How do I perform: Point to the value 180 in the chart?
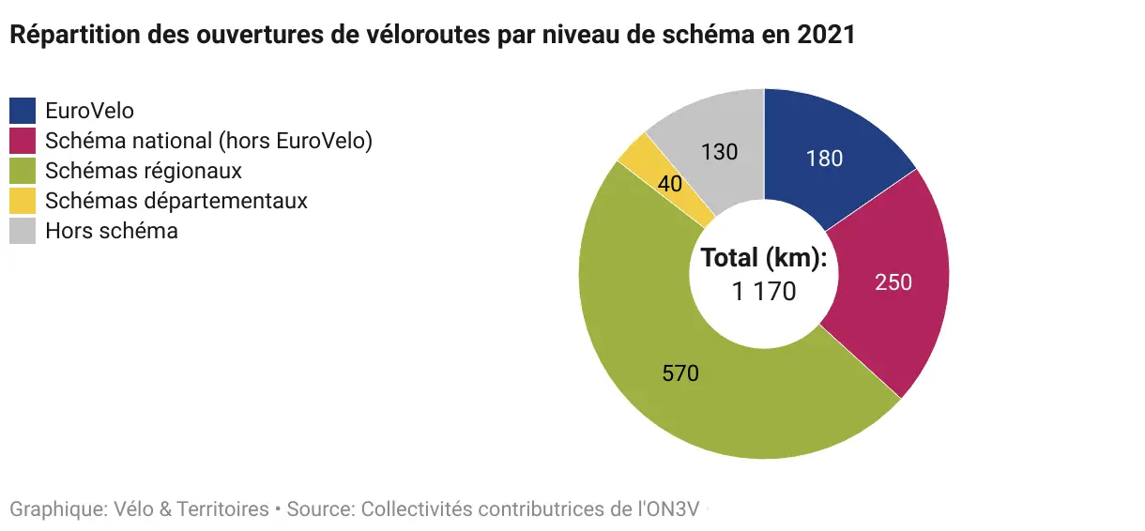click(x=824, y=159)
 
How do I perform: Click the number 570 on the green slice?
click(x=680, y=373)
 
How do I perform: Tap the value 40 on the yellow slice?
click(x=669, y=185)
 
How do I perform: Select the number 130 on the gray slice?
click(x=720, y=151)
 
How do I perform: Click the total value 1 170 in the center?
click(x=763, y=292)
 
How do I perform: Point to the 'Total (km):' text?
click(x=763, y=258)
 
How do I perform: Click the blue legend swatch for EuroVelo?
click(x=23, y=111)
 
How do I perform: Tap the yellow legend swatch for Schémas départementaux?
click(x=23, y=201)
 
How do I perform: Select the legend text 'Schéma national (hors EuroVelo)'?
click(x=209, y=141)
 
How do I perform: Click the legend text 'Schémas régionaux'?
click(x=144, y=171)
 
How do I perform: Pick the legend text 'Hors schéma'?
click(x=112, y=231)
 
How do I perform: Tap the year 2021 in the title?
click(x=826, y=35)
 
